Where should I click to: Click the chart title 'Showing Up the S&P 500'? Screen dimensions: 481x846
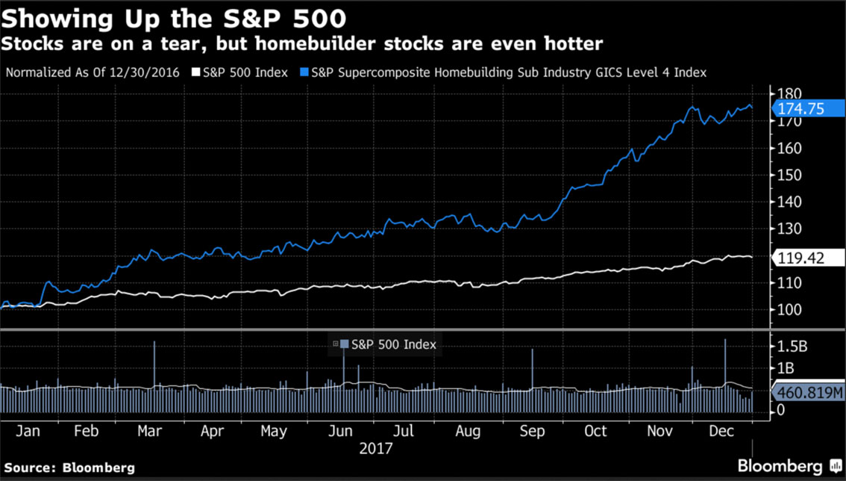[x=174, y=17]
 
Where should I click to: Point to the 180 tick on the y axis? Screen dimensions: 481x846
[x=789, y=94]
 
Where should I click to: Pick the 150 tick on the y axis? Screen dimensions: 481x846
[x=789, y=175]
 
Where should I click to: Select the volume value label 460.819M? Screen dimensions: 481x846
[x=809, y=392]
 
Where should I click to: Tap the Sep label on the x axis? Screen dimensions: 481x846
[x=532, y=432]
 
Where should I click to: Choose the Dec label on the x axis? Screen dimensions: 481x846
[x=722, y=432]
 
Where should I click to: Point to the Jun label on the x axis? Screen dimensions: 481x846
[x=341, y=432]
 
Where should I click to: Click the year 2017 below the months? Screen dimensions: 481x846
[x=375, y=449]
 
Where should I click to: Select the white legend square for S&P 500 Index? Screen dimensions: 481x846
[x=196, y=72]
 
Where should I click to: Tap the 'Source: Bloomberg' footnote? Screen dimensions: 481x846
[x=68, y=468]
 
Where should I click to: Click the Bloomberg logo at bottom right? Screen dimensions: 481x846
[x=791, y=466]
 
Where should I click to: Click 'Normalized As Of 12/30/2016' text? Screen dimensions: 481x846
[x=93, y=72]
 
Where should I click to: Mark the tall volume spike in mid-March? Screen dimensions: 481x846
[x=154, y=366]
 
